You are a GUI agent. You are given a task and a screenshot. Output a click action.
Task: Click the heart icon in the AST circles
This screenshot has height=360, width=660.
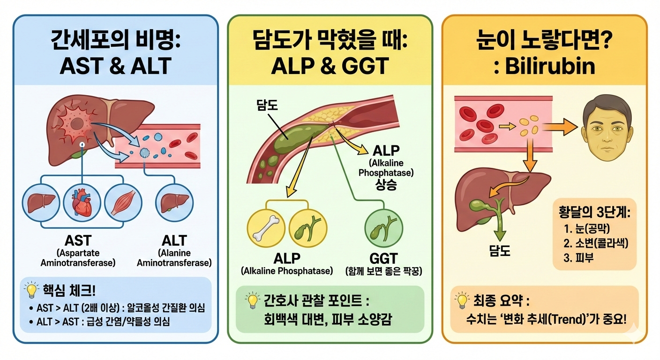82,205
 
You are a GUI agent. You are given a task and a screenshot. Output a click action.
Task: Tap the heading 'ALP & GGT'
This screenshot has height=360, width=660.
330,66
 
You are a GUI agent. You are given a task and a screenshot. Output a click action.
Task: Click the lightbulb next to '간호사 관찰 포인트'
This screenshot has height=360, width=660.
253,300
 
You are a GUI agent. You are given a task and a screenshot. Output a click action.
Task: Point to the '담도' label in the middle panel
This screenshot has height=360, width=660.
267,105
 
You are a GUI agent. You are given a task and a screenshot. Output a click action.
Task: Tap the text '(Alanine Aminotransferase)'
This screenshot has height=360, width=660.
174,258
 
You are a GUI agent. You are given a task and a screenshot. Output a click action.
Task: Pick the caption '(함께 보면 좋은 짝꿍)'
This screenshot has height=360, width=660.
383,271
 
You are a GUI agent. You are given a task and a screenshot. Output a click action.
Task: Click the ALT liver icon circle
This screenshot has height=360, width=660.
173,205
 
